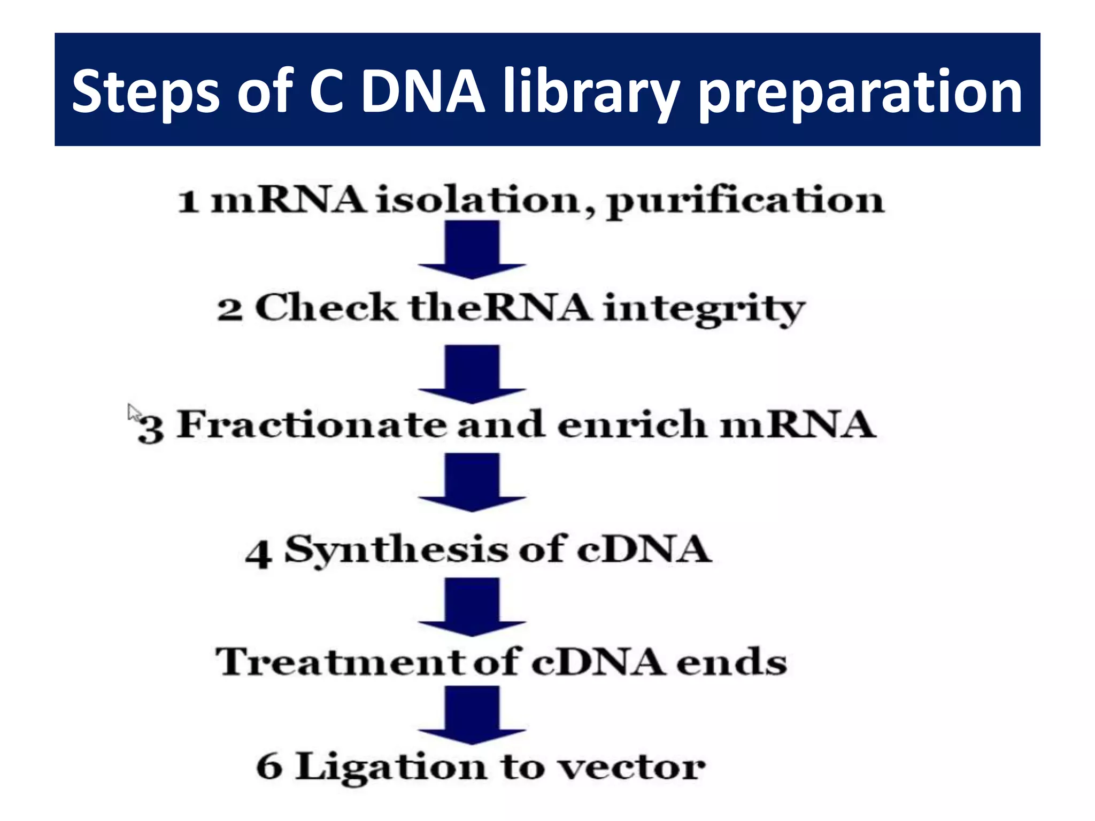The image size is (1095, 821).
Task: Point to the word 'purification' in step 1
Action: pos(745,202)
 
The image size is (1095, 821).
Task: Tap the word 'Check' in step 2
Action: pos(326,308)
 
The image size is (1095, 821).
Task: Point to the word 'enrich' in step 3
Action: pos(631,425)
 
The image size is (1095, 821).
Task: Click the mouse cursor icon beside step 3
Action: pos(134,413)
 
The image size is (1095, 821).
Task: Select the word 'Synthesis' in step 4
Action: pos(396,550)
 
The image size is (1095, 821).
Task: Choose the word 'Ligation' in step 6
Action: pos(391,768)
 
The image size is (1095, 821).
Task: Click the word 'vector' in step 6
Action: pos(631,769)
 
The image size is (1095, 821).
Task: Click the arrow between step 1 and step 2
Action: pos(472,249)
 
